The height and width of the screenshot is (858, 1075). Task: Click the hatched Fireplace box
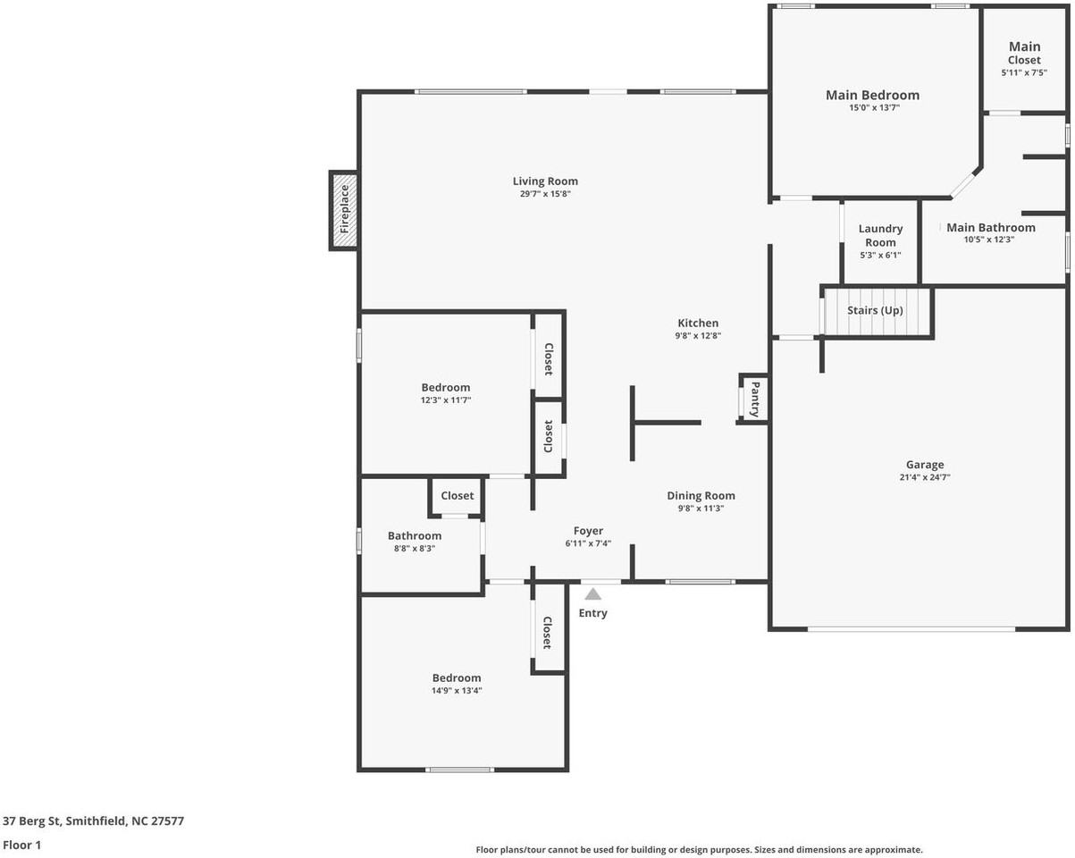click(345, 210)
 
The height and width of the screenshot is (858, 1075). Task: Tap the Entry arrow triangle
click(592, 594)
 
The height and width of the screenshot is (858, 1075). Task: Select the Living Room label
click(545, 181)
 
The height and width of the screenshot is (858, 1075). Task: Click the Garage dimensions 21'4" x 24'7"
click(925, 477)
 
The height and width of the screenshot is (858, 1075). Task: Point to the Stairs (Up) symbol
click(876, 311)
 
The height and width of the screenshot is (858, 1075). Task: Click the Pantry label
click(755, 399)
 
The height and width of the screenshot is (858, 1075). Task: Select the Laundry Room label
click(880, 236)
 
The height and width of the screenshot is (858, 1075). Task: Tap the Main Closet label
click(1024, 53)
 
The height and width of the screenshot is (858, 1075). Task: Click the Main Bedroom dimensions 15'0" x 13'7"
click(872, 107)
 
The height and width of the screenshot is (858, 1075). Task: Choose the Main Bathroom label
click(991, 227)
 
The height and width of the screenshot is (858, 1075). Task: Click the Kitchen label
click(698, 324)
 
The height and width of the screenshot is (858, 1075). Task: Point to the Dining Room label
click(701, 496)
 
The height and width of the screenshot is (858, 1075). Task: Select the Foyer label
click(588, 531)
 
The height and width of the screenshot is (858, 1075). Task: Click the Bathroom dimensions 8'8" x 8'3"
click(414, 549)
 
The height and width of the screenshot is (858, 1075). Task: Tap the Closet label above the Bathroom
click(457, 496)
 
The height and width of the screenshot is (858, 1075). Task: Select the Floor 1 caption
click(22, 845)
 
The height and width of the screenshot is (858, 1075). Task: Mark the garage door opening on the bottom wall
click(911, 629)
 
